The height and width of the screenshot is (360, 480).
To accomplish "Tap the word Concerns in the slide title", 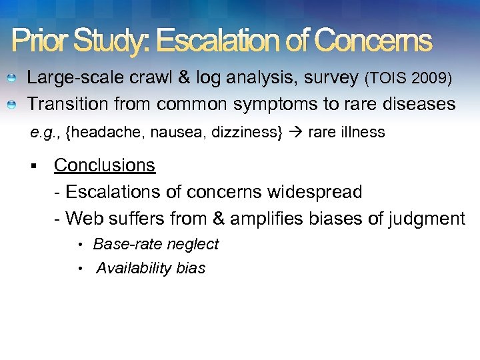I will coord(373,41).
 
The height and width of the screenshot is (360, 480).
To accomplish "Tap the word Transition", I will coord(66,105).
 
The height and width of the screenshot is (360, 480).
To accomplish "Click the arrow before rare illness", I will coord(295,133).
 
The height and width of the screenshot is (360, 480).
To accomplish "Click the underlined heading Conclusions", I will coord(105,165).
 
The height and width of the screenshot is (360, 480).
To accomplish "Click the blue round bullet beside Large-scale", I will coord(11,79).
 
